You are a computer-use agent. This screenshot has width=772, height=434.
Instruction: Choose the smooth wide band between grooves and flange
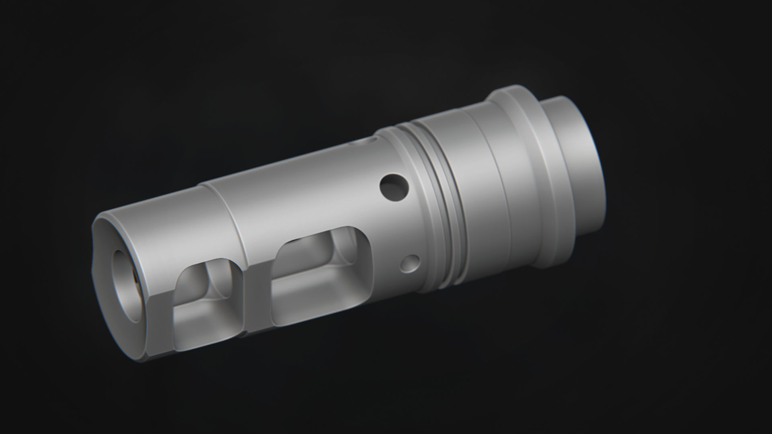[x=478, y=189]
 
